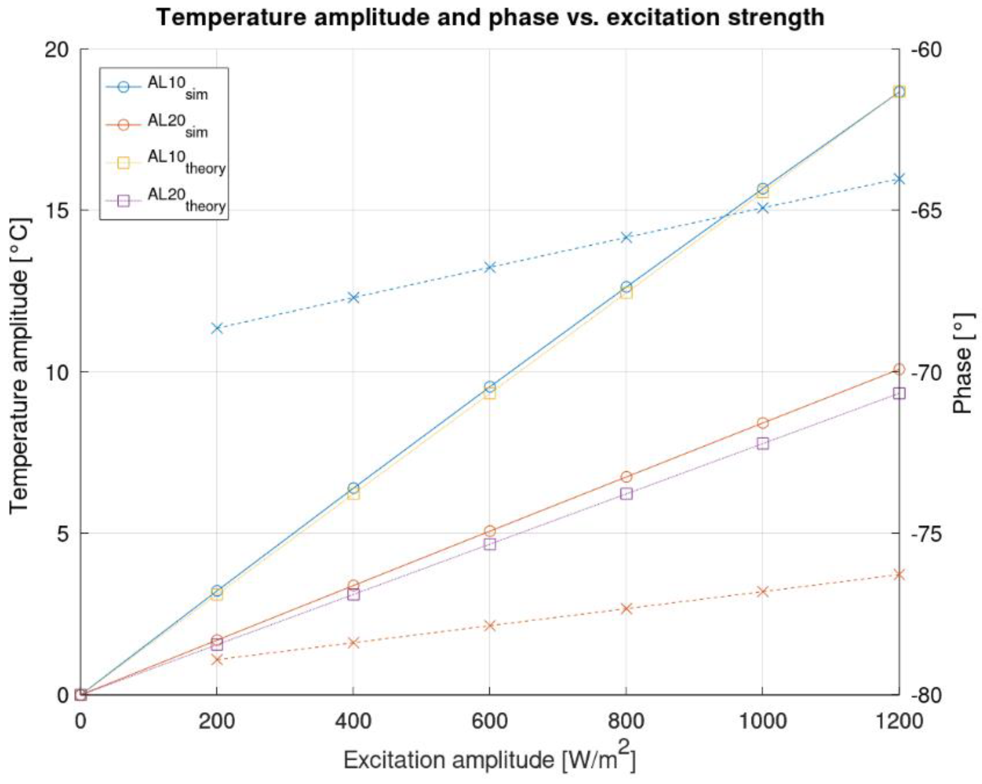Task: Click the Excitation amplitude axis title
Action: pos(489,759)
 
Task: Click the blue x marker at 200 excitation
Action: pos(217,328)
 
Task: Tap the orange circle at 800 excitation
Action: pos(626,477)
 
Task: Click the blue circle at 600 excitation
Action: pos(490,387)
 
